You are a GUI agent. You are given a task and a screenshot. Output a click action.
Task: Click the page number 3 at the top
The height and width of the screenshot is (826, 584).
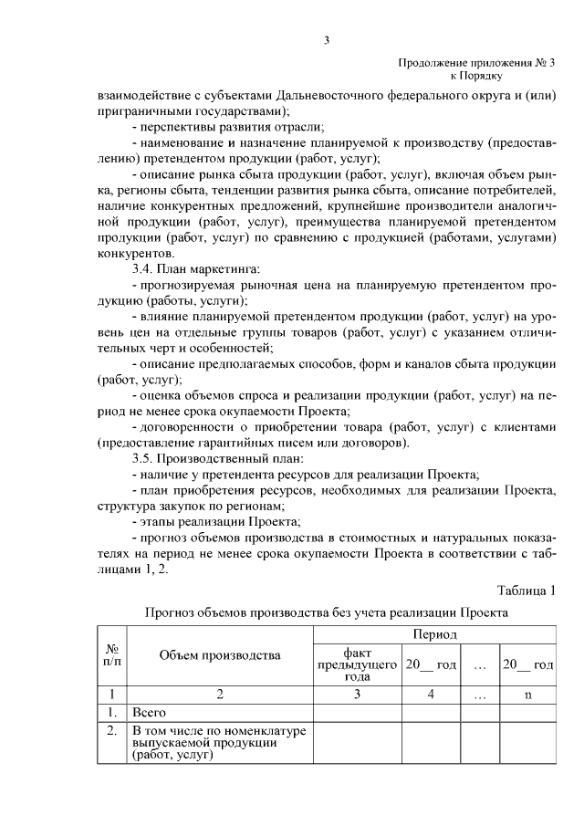pos(326,39)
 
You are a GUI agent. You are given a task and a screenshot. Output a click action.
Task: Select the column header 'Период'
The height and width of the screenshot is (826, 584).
pos(434,633)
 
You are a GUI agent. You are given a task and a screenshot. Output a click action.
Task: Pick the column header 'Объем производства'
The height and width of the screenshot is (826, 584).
pos(220,654)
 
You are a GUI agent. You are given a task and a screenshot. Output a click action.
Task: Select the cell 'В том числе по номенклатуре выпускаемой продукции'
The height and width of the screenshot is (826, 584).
pos(219,743)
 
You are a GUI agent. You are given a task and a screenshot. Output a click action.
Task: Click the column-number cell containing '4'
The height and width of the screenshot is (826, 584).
pos(431,695)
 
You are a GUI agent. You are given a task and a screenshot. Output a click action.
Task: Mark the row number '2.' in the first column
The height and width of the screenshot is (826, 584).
pos(111,731)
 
